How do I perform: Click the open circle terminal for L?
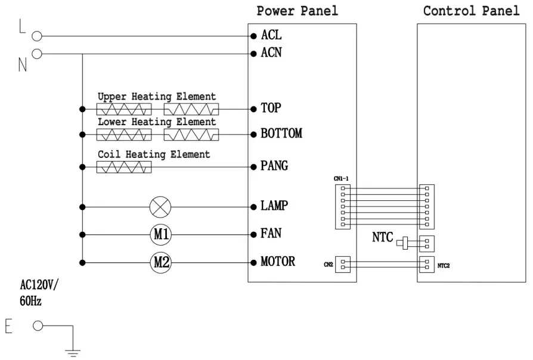(x=37, y=36)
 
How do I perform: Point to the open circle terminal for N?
(x=37, y=54)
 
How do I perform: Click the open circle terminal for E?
(x=38, y=325)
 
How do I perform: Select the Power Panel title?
(x=297, y=11)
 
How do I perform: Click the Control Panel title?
(x=471, y=11)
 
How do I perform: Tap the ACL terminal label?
(x=271, y=36)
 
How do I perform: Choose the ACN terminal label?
(x=271, y=54)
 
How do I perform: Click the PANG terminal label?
(x=274, y=166)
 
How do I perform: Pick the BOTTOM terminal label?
(x=281, y=134)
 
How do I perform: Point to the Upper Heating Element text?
(x=157, y=97)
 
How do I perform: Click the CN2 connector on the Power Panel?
(x=344, y=264)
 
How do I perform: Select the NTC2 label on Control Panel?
(x=443, y=265)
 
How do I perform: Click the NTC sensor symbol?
(x=406, y=243)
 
